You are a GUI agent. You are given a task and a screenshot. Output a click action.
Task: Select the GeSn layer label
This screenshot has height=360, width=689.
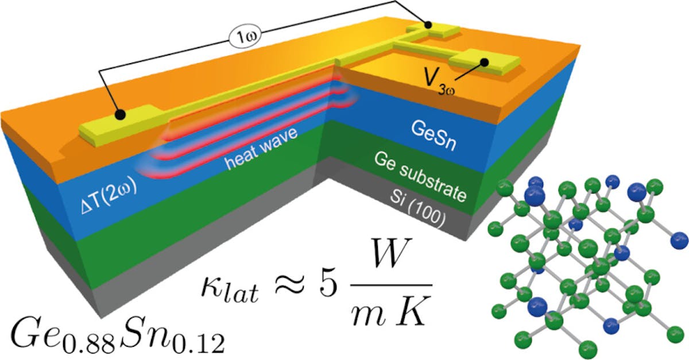[x=433, y=136]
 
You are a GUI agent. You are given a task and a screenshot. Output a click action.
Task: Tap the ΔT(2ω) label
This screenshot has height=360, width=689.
[x=108, y=195]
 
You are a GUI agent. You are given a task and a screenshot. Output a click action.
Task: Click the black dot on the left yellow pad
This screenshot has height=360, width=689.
[x=119, y=115]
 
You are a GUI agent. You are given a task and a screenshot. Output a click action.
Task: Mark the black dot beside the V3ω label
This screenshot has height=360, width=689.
[x=485, y=63]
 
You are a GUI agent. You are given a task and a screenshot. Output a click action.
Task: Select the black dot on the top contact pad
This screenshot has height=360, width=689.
[x=427, y=25]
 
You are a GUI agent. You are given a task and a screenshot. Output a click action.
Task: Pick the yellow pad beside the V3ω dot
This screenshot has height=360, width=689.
[x=484, y=63]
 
